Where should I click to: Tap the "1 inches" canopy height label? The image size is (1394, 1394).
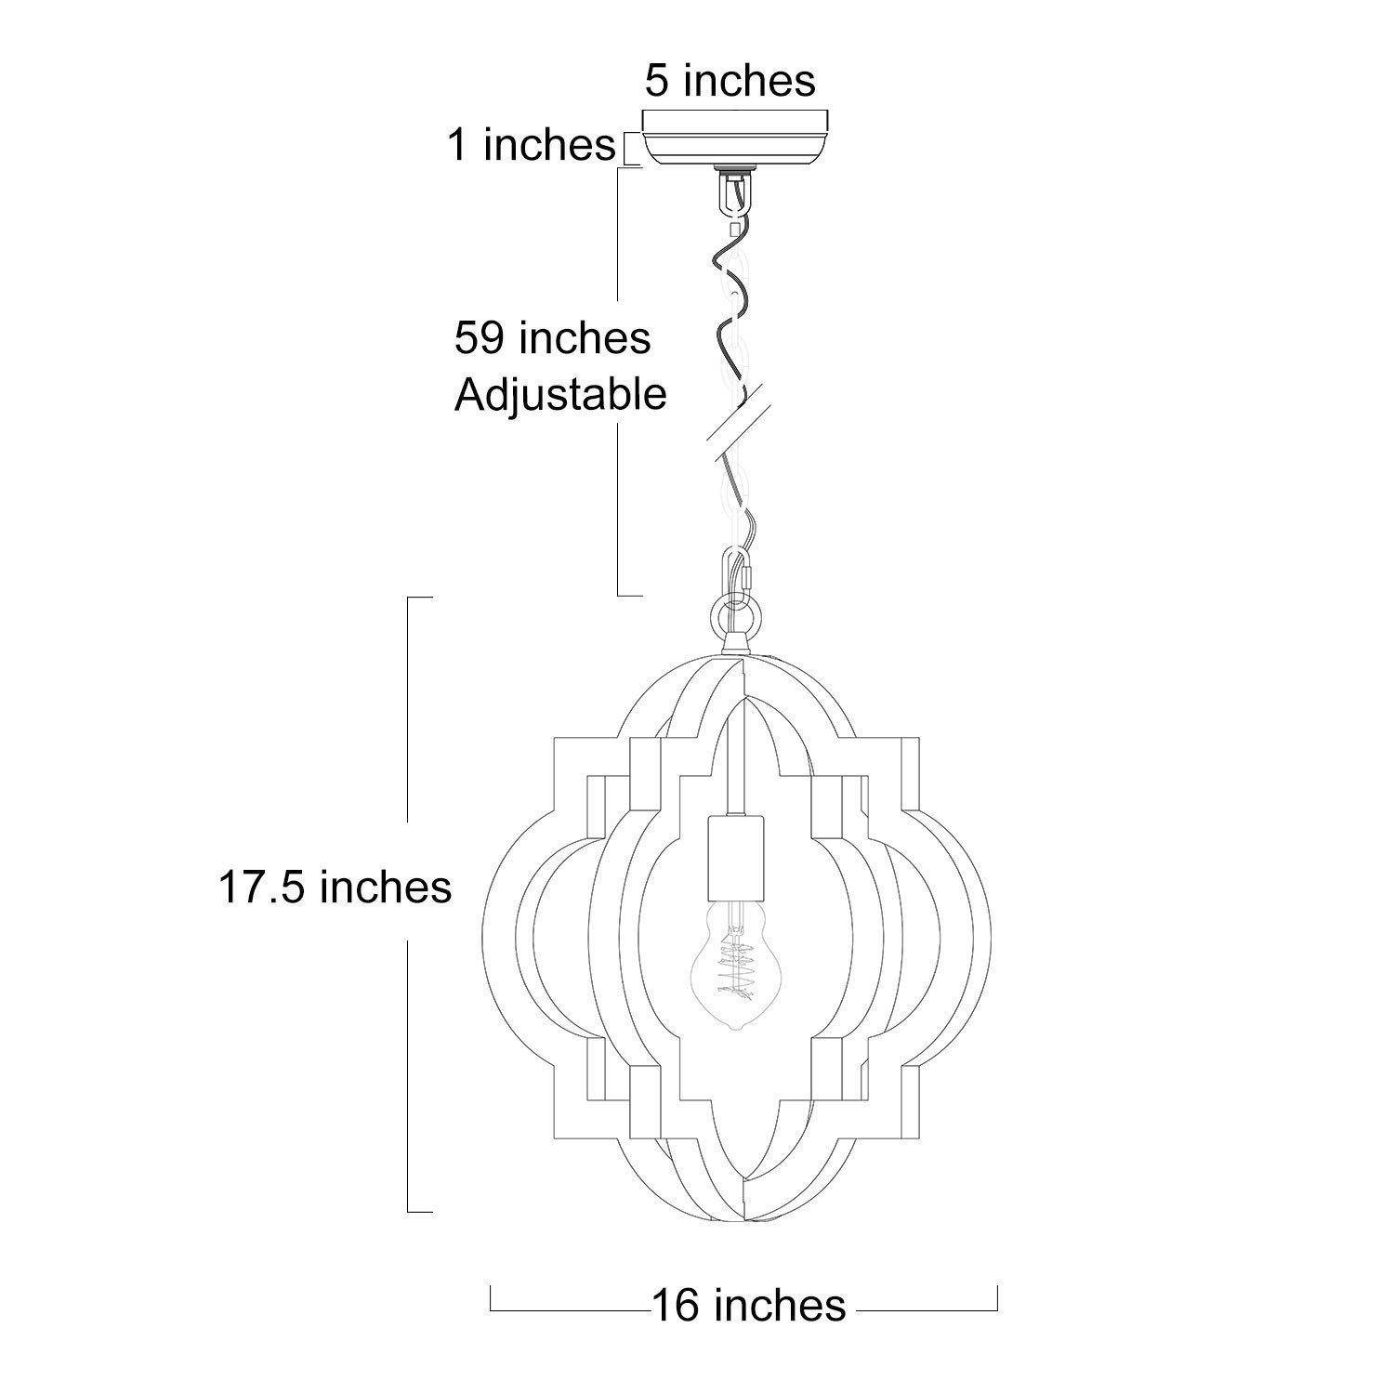pyautogui.click(x=533, y=145)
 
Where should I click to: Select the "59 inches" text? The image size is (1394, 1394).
pyautogui.click(x=552, y=337)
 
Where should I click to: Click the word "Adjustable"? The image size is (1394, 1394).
pyautogui.click(x=560, y=396)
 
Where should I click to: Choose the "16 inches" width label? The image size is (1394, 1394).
pyautogui.click(x=749, y=1305)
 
